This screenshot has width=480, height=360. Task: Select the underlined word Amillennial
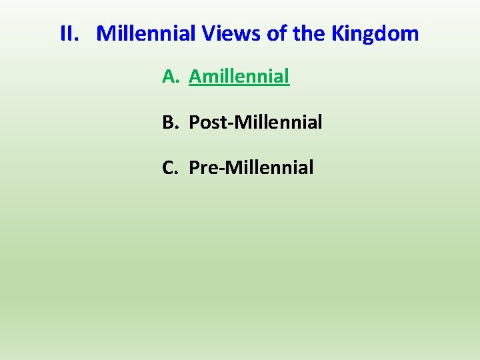coord(239,77)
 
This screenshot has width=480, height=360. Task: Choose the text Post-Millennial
coord(255,123)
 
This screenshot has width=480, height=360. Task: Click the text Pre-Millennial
coord(251,168)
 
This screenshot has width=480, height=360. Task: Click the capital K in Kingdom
coord(317,33)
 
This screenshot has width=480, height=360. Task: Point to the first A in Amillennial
coord(195,77)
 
